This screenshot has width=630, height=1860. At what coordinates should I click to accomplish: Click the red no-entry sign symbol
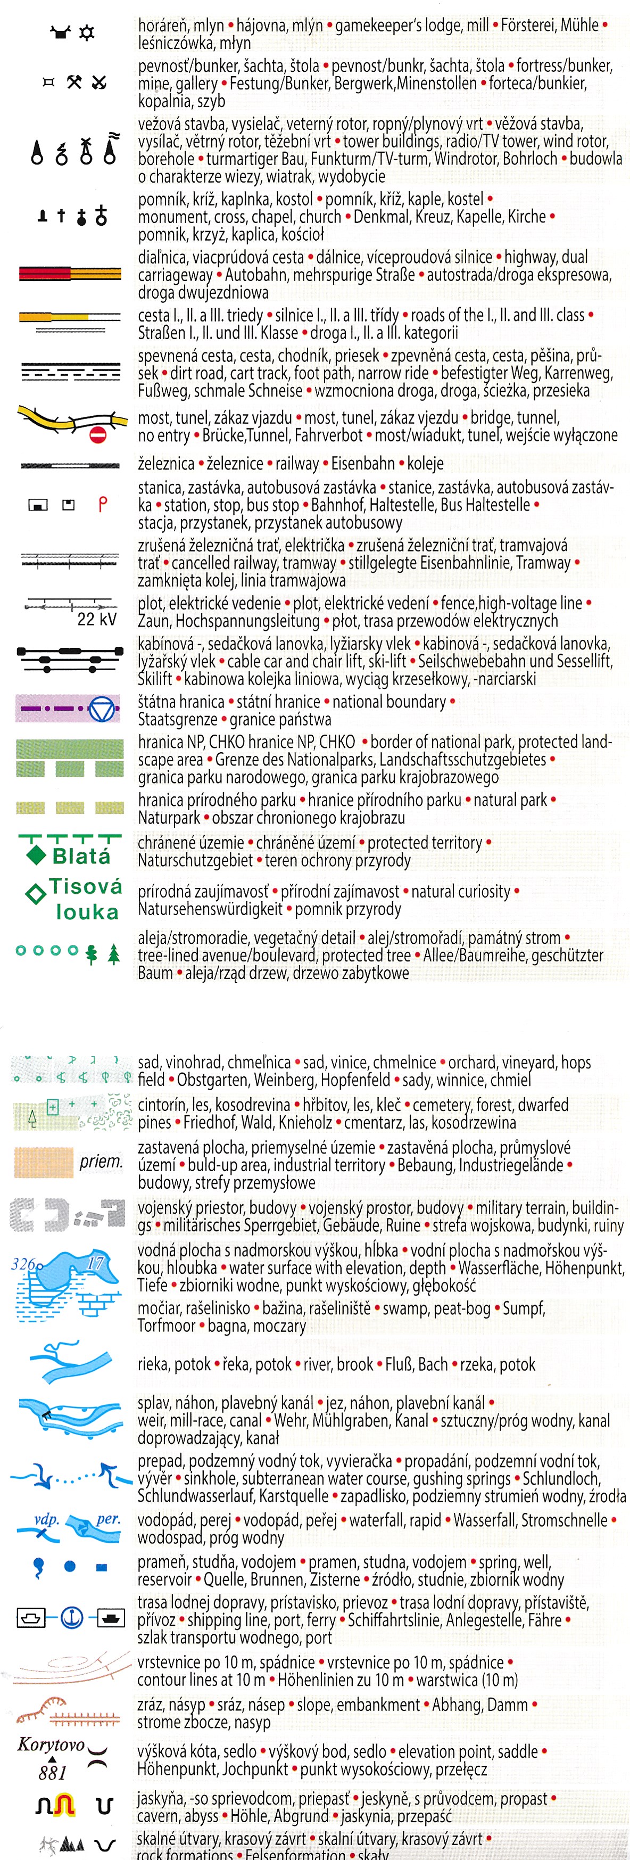click(97, 435)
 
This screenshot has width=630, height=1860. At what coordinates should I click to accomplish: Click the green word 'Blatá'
click(81, 857)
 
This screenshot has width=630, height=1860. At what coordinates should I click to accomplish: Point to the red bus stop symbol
click(103, 504)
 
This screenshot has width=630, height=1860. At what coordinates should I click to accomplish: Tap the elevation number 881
click(52, 1773)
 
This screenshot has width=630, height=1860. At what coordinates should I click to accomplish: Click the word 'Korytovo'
click(51, 1744)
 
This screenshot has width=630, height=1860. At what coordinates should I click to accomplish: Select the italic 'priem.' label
click(101, 1161)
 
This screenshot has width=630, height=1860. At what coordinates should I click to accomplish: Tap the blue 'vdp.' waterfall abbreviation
click(46, 1519)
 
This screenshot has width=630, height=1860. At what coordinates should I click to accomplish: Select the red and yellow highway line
click(70, 274)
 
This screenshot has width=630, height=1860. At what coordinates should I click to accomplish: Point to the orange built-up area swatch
click(43, 1162)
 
